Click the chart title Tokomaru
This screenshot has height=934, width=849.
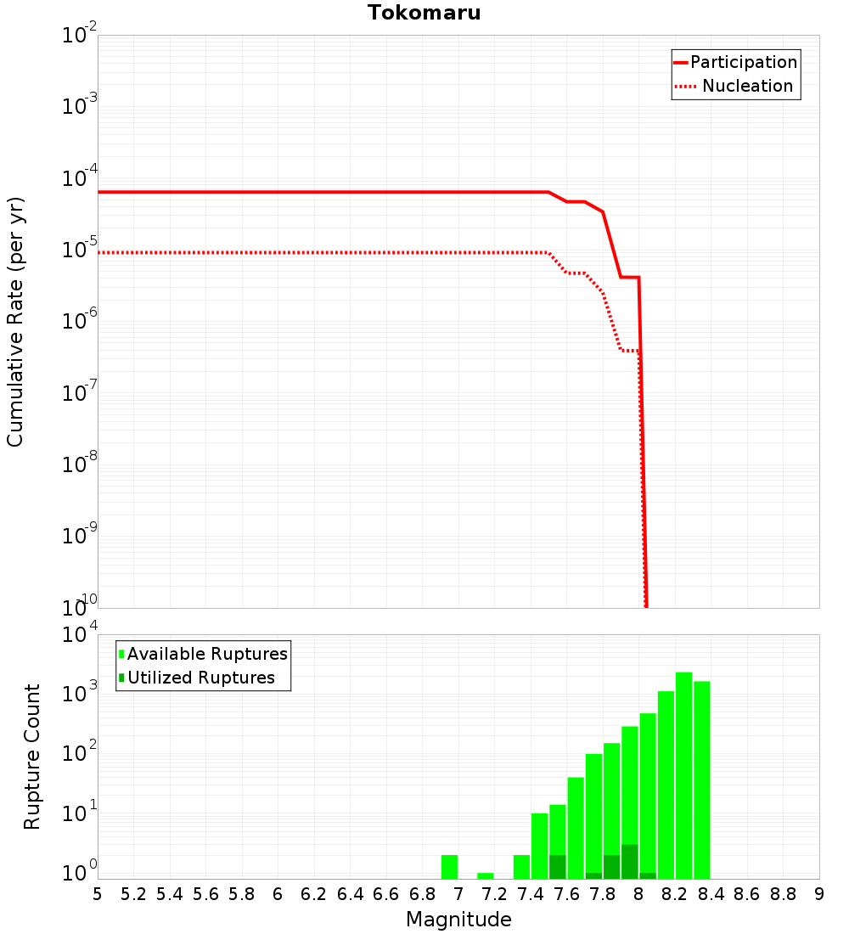[424, 13]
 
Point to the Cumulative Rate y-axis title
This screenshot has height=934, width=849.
[15, 321]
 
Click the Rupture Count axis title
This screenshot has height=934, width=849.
[32, 756]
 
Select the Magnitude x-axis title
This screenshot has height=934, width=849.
[458, 920]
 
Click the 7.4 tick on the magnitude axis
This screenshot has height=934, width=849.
[531, 894]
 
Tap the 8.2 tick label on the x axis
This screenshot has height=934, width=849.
[675, 894]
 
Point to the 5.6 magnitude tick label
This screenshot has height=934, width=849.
[206, 894]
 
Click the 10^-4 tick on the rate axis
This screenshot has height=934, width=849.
[80, 178]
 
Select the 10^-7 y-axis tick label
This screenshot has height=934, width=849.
[80, 393]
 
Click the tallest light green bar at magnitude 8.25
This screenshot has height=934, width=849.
[684, 773]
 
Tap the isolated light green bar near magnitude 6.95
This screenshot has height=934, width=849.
[449, 867]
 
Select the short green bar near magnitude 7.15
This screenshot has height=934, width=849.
[486, 875]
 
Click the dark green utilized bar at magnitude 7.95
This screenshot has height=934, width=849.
[630, 862]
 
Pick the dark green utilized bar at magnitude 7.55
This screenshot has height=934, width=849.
[558, 867]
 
